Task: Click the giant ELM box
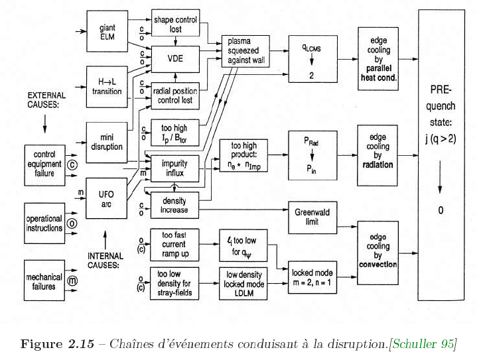107,31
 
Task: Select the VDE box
175,59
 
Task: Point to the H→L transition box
107,87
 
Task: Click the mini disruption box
107,143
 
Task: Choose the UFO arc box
106,198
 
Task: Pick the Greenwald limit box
313,217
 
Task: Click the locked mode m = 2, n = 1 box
313,277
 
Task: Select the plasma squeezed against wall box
245,51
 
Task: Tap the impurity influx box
175,168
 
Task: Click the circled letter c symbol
72,165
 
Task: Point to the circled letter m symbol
72,281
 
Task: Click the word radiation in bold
378,164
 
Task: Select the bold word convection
378,265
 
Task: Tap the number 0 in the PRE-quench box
441,210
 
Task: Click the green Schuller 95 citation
423,344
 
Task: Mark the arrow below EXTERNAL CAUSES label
44,124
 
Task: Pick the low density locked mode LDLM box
243,284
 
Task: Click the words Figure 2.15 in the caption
57,344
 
